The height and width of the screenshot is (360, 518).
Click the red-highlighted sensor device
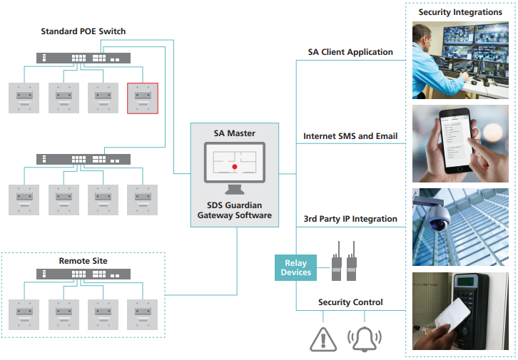point(142,98)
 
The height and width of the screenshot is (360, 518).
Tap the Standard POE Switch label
point(83,31)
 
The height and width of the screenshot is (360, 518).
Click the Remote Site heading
point(83,261)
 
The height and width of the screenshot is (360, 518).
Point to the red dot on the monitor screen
point(234,167)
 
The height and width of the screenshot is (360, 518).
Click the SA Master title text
point(234,133)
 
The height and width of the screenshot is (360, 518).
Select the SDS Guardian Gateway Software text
point(234,210)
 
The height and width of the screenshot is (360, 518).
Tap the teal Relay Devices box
point(296,267)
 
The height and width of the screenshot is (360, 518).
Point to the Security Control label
point(350,302)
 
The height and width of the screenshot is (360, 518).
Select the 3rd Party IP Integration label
point(350,219)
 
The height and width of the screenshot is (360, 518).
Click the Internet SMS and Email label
point(350,135)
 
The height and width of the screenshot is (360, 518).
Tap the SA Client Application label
point(350,52)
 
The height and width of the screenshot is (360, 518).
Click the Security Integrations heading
point(460,12)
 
